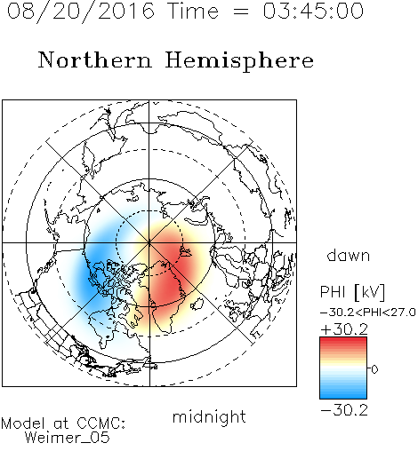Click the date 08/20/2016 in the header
click(x=81, y=11)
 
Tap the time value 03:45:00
click(x=313, y=11)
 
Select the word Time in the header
click(x=193, y=11)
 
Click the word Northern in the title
click(x=95, y=59)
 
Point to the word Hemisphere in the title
click(x=239, y=61)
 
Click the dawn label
click(x=349, y=256)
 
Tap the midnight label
click(x=209, y=417)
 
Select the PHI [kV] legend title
click(x=352, y=292)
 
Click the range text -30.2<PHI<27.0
click(x=368, y=313)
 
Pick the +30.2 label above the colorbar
click(x=344, y=329)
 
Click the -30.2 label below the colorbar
click(x=344, y=410)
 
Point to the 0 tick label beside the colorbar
click(x=374, y=369)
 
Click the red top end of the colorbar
click(x=343, y=340)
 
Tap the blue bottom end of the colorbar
click(x=343, y=395)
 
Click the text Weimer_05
click(x=68, y=438)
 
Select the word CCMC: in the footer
click(x=100, y=423)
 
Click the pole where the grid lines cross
click(x=149, y=242)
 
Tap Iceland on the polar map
click(x=197, y=304)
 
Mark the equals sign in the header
click(x=241, y=12)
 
